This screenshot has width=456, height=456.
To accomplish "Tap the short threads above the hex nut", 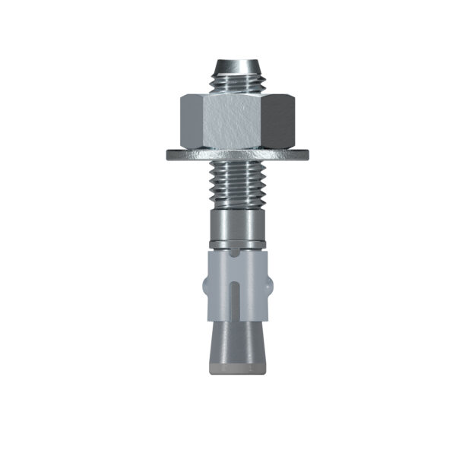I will pos(237,82).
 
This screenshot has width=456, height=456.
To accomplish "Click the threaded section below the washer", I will pos(237,186).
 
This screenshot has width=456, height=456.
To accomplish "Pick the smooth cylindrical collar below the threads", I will pos(237,225).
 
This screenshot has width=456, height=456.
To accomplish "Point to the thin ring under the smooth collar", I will pos(237,244).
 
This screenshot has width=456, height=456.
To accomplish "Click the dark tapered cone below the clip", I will pos(237,334).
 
